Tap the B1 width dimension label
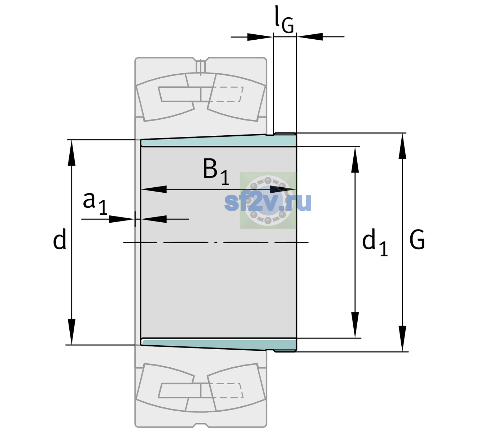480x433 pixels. [x=216, y=171]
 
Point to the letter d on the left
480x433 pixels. [x=60, y=239]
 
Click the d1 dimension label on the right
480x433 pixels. [x=375, y=242]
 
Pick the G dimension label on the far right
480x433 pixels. [x=417, y=240]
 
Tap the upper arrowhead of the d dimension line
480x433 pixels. [x=71, y=153]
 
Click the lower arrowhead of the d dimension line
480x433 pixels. [x=71, y=332]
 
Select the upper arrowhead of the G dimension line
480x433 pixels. [x=402, y=146]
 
